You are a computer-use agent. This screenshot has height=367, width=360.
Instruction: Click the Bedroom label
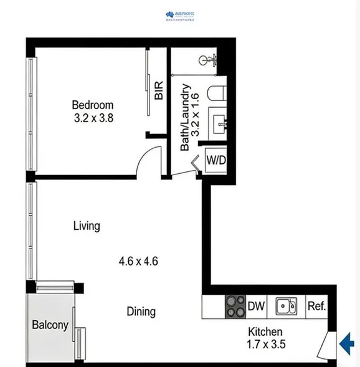[92, 105]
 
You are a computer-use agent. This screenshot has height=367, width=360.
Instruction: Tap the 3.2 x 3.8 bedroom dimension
[92, 117]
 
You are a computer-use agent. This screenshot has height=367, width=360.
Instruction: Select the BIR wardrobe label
[159, 91]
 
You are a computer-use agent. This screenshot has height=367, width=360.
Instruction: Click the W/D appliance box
[216, 160]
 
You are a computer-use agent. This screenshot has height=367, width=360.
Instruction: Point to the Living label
[87, 226]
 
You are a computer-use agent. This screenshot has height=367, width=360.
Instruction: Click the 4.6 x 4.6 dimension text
[138, 261]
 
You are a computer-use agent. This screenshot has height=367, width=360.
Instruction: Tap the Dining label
[141, 311]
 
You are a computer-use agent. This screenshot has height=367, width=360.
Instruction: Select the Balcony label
[50, 325]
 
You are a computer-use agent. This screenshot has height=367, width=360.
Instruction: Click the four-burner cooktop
[235, 306]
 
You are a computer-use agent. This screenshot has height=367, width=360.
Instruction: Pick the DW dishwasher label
[257, 306]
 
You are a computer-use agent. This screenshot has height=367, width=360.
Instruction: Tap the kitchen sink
[287, 306]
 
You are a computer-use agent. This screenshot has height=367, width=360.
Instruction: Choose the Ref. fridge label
[316, 306]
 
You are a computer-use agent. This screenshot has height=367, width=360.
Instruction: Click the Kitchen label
[266, 331]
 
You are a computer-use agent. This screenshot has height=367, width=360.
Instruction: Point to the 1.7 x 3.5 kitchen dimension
[266, 343]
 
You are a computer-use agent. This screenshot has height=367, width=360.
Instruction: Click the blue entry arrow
[347, 341]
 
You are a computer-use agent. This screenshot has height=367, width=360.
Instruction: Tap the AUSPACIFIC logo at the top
[180, 16]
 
